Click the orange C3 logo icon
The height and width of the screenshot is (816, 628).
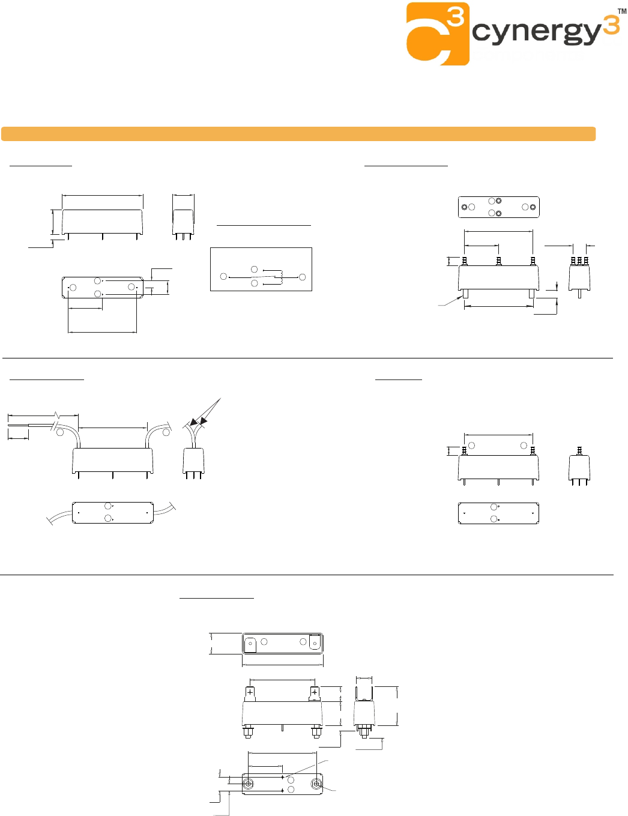coord(438,34)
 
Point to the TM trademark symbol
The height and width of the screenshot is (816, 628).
coord(623,11)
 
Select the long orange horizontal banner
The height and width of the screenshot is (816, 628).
coord(298,134)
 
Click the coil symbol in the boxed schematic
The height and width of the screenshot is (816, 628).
coord(279,277)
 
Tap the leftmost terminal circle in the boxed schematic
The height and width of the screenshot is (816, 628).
coord(224,276)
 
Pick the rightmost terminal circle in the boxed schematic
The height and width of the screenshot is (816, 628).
coord(302,277)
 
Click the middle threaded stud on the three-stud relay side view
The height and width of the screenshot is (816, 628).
coord(579,261)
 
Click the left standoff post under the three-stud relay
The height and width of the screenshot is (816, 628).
coord(466,294)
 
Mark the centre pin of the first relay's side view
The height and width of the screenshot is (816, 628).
coord(183,237)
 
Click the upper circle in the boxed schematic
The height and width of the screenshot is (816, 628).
coord(255,269)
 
